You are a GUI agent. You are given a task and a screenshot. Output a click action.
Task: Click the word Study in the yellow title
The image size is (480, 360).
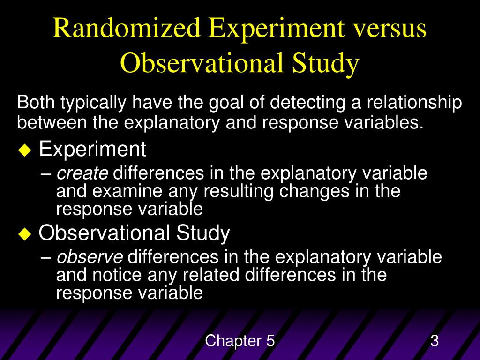coord(326,64)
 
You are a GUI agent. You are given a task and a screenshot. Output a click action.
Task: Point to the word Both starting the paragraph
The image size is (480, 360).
coord(34,103)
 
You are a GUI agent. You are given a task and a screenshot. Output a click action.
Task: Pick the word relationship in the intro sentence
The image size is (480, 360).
coord(414,103)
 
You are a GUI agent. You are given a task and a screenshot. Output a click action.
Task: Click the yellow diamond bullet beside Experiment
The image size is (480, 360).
coord(23,151)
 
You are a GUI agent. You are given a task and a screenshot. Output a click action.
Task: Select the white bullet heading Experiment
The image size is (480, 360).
coord(92,150)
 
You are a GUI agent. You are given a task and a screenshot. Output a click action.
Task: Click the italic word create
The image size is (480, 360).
coord(82,174)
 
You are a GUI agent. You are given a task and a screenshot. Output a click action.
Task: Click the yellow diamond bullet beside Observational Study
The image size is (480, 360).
coord(23,234)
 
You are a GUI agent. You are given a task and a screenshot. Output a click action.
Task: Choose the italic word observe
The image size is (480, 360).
coord(90,257)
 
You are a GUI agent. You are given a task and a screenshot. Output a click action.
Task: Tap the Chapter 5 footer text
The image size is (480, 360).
coord(240,341)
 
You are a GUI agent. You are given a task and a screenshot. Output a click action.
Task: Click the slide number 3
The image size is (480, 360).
coord(435,341)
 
